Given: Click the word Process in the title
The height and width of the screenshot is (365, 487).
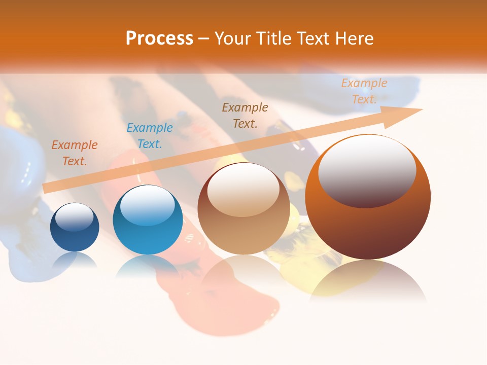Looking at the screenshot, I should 159,39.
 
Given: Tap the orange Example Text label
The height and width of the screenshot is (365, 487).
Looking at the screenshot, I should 75,153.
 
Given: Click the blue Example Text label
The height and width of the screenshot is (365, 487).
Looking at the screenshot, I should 150,135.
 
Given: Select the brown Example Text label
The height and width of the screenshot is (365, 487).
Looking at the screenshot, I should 245,115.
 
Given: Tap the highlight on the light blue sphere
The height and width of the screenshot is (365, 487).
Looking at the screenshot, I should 147,205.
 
